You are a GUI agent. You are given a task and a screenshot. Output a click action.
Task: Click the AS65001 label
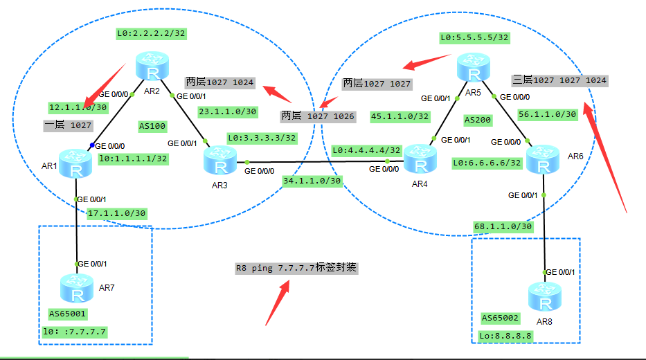point(66,314)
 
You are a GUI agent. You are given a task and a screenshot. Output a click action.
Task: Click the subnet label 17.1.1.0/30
point(116,213)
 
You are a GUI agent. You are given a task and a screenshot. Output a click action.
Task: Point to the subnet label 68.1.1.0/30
point(503,226)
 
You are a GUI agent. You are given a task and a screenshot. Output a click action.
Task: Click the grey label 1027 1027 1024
point(559,80)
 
